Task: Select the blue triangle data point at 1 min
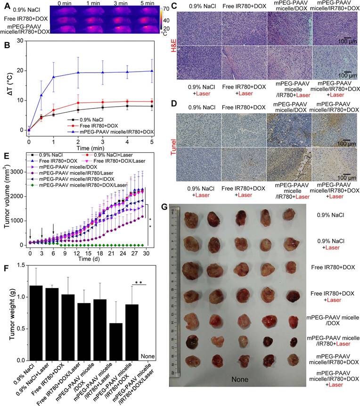[x=54, y=76]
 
